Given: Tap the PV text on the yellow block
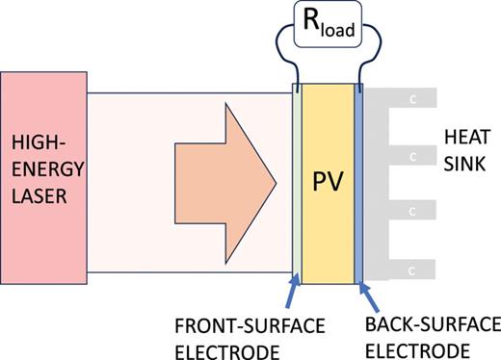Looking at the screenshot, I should point(328,182).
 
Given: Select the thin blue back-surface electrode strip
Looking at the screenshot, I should point(359,182).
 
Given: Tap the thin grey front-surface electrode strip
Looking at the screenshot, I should point(298,182).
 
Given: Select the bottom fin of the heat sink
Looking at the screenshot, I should point(405,263).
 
